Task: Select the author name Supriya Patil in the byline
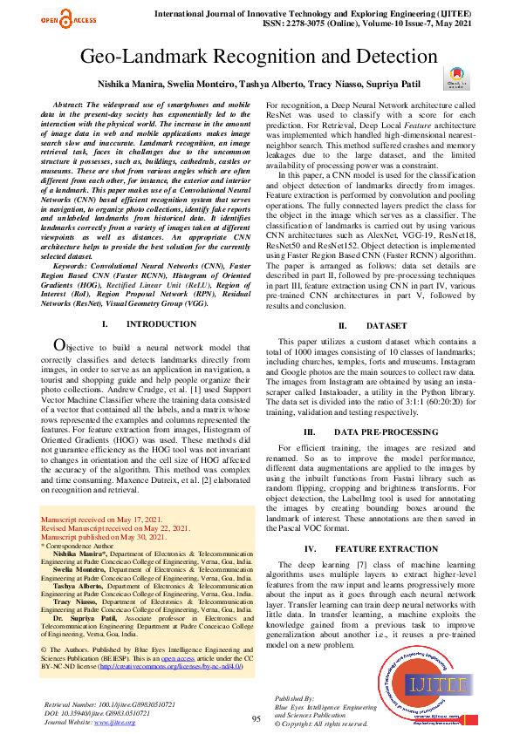[x=395, y=85]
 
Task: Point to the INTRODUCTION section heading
[x=148, y=324]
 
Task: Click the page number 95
[x=257, y=718]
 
